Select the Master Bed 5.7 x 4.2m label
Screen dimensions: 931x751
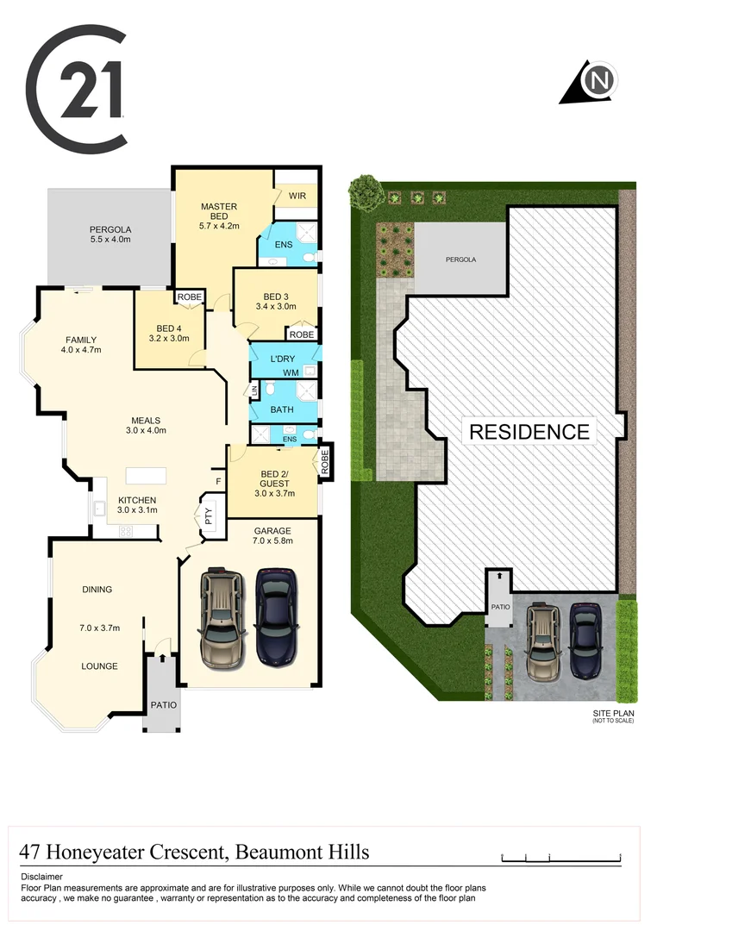click(219, 216)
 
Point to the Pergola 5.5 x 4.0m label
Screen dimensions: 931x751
click(110, 234)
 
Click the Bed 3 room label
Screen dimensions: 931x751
click(276, 301)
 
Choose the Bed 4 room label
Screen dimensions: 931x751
click(167, 333)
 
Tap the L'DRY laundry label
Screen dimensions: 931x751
click(283, 358)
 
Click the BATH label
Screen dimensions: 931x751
click(283, 409)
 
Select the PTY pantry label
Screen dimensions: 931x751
click(209, 516)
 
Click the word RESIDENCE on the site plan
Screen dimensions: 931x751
click(529, 431)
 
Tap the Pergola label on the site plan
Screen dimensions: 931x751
click(460, 259)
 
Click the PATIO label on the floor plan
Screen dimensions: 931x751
click(163, 705)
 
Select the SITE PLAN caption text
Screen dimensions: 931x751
click(612, 714)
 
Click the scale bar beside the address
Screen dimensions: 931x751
click(560, 859)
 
